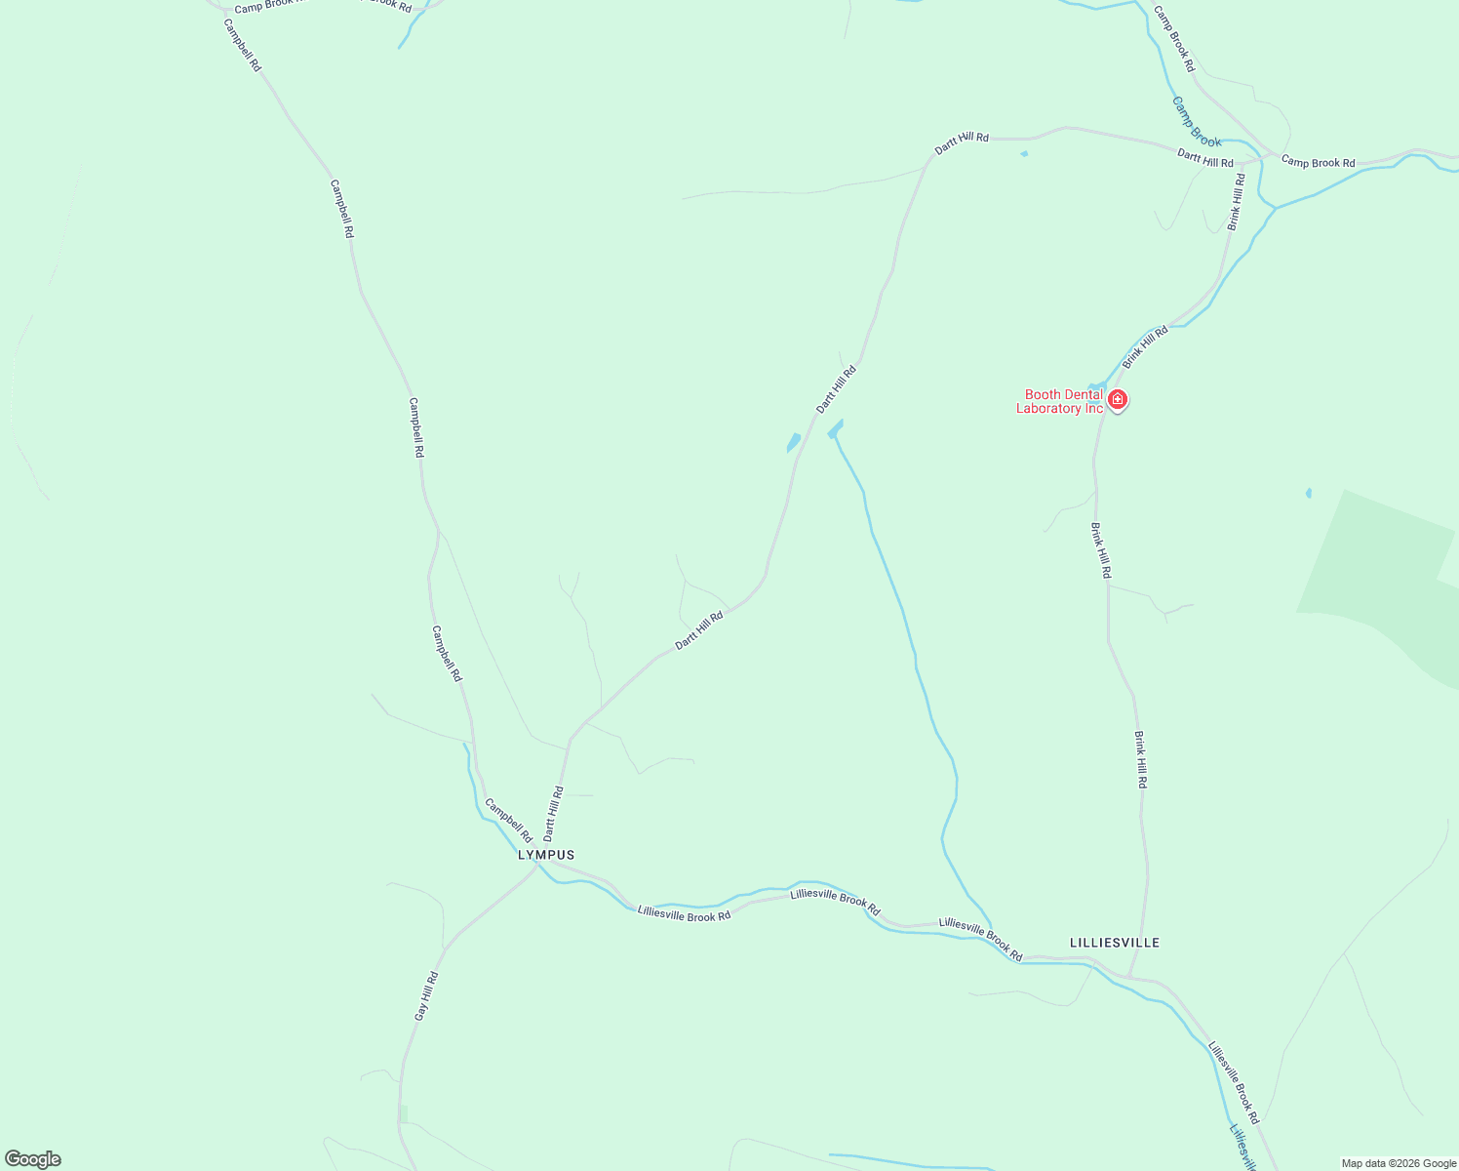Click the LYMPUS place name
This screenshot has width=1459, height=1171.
(x=546, y=855)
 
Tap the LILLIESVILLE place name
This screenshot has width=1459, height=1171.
(x=1115, y=943)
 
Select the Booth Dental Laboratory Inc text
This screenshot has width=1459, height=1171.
(x=1060, y=401)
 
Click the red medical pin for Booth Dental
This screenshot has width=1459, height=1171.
(x=1118, y=399)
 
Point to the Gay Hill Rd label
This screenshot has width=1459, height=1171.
(x=425, y=996)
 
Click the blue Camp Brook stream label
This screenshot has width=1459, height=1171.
(x=1196, y=122)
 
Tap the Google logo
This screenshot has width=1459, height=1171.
(x=33, y=1159)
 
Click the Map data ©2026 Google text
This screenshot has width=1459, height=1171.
(x=1399, y=1163)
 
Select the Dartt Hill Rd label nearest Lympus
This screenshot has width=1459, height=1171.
(x=553, y=814)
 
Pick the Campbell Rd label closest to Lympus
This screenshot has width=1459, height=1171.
(x=508, y=821)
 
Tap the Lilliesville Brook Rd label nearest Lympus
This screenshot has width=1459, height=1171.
(x=684, y=914)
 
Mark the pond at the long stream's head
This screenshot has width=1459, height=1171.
(x=835, y=428)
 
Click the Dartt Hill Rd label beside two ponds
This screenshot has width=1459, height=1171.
(x=836, y=388)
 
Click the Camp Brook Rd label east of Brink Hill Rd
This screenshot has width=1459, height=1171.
(x=1318, y=162)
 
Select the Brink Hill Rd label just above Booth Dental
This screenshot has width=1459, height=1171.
(x=1144, y=347)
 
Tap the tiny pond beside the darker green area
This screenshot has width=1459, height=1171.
(x=1308, y=493)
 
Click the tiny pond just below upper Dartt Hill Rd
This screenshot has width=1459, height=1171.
(x=1023, y=153)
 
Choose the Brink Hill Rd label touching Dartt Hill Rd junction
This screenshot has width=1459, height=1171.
(x=1236, y=202)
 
